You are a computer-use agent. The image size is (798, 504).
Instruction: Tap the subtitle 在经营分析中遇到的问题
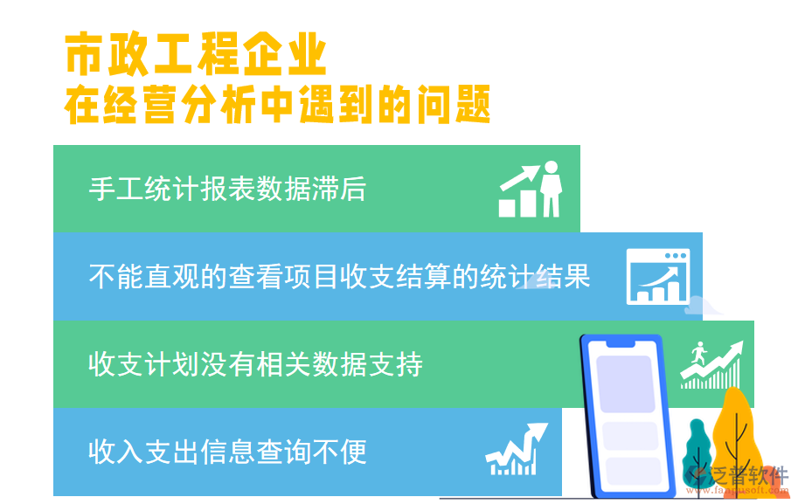coord(278,106)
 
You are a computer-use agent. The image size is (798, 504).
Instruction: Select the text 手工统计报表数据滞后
coord(227,189)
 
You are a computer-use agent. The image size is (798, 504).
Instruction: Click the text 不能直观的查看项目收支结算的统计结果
coord(339,276)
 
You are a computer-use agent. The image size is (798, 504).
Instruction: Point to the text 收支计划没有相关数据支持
coord(255,363)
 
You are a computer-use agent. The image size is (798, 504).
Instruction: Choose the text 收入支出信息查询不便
coord(227,452)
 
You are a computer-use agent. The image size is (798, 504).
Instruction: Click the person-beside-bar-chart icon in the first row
coord(531,190)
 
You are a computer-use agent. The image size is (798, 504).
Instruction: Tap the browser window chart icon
coord(657,276)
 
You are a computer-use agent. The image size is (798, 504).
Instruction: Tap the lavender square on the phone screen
coord(623,383)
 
